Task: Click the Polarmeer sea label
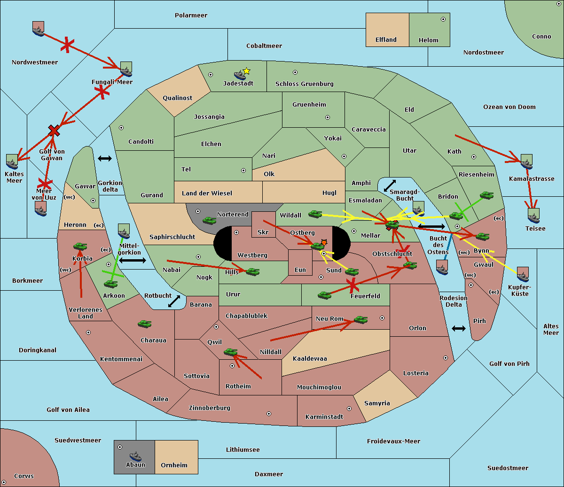tap(191, 15)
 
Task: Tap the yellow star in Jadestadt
tap(246, 71)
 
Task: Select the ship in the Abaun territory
tap(135, 456)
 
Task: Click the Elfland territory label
tap(386, 40)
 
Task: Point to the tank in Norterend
tap(209, 220)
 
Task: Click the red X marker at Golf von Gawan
tap(54, 131)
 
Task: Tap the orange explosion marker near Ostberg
tap(324, 242)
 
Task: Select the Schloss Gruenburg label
tap(304, 84)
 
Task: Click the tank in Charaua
tap(144, 324)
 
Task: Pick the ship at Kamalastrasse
tap(526, 162)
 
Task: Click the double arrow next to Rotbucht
tap(174, 301)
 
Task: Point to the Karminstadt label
tap(324, 417)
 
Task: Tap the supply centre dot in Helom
tap(443, 19)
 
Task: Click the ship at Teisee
tap(533, 216)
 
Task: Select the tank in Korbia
tap(80, 246)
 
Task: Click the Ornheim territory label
tap(174, 465)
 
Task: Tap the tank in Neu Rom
tap(360, 320)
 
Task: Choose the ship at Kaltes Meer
tap(12, 162)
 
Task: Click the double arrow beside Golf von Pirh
tap(459, 328)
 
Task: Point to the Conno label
tap(541, 37)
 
